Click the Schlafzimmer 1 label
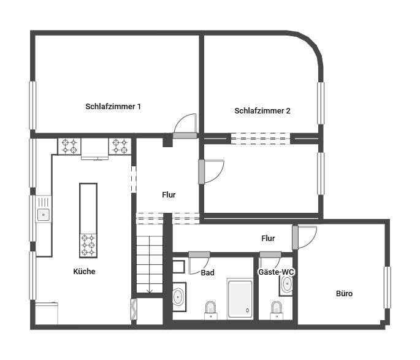pyautogui.click(x=113, y=106)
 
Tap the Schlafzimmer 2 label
pyautogui.click(x=262, y=110)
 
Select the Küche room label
pyautogui.click(x=84, y=271)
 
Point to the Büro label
pyautogui.click(x=344, y=293)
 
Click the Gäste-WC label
pyautogui.click(x=276, y=272)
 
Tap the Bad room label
pyautogui.click(x=208, y=273)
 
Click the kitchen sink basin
pyautogui.click(x=43, y=215)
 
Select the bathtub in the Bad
pyautogui.click(x=240, y=299)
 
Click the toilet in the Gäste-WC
pyautogui.click(x=277, y=310)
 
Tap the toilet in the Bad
pyautogui.click(x=210, y=310)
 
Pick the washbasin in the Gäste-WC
pyautogui.click(x=287, y=284)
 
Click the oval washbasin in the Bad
pyautogui.click(x=178, y=297)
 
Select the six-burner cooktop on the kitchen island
pyautogui.click(x=88, y=245)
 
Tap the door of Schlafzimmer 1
pyautogui.click(x=185, y=126)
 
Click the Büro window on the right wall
pyautogui.click(x=387, y=288)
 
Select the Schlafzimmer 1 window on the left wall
pyautogui.click(x=32, y=105)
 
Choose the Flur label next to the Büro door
pyautogui.click(x=268, y=238)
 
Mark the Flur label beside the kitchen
pyautogui.click(x=169, y=195)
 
